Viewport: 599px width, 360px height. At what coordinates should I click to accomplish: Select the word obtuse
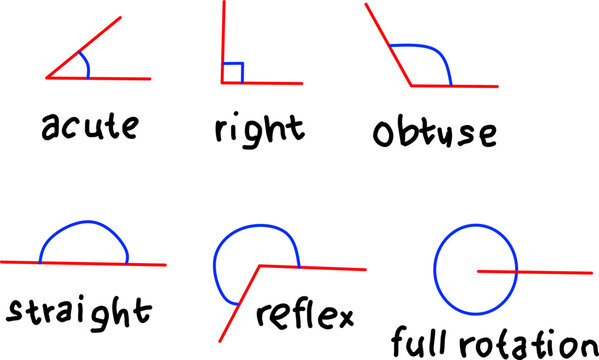coord(433,133)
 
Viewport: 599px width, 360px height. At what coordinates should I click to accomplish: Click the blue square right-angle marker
coord(233,73)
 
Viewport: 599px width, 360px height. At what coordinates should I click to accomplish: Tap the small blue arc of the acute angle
coord(86,66)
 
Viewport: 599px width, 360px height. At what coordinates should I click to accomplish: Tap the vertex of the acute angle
coord(47,77)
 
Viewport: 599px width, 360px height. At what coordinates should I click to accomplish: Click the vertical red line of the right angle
coord(223,40)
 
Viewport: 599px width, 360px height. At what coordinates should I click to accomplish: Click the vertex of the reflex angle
coord(261,266)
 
